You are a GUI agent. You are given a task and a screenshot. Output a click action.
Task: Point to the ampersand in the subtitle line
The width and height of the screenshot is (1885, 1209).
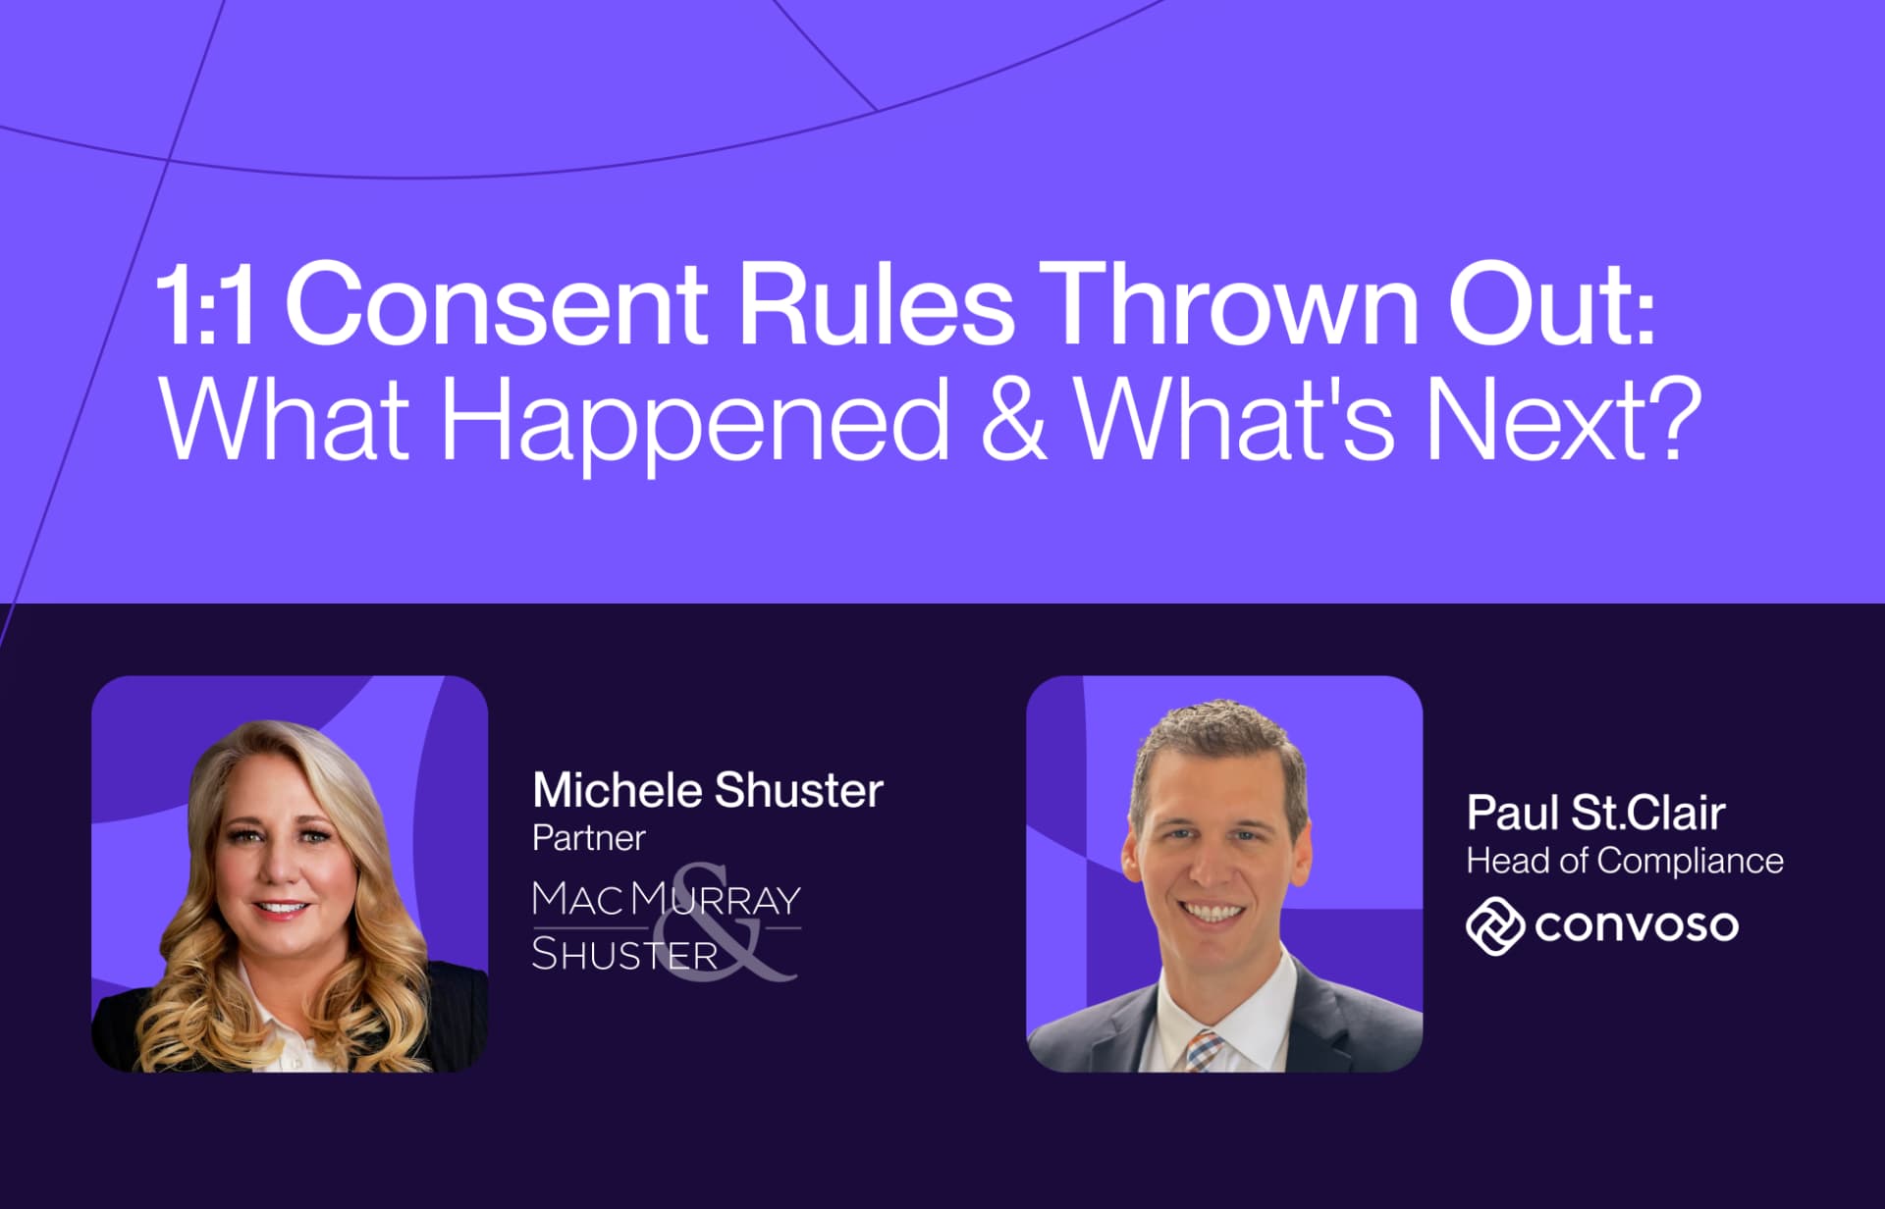(1013, 420)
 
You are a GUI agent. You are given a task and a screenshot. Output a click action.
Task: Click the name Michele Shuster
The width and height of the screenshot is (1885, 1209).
(707, 791)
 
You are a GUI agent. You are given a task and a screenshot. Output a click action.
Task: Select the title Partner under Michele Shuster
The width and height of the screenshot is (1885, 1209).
(588, 839)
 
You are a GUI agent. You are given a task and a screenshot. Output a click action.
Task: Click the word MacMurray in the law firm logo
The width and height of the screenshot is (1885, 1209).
(666, 900)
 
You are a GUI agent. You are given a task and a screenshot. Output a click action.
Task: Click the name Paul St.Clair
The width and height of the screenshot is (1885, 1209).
(1595, 813)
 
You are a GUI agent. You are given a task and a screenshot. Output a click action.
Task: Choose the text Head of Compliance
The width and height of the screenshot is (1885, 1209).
(1624, 861)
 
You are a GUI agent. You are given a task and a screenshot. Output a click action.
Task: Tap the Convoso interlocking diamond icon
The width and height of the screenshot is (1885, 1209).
(1493, 925)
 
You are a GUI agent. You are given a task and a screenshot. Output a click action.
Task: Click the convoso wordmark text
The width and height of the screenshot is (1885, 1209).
(1636, 925)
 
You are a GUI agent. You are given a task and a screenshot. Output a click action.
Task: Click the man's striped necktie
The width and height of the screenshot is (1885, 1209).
(1204, 1050)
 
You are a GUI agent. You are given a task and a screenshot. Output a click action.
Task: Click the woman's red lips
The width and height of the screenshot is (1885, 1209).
(282, 908)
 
